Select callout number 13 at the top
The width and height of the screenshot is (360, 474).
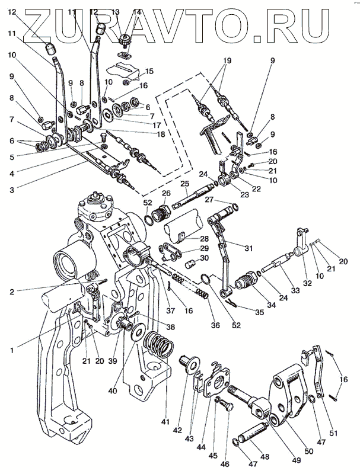116,12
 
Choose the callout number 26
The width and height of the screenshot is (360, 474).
165,194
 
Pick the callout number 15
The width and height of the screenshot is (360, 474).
149,71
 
